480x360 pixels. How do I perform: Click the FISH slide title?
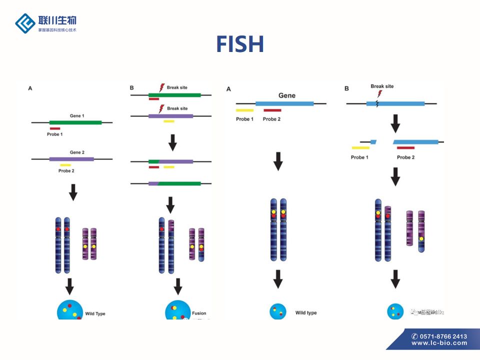240,44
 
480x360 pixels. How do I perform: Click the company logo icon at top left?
25,23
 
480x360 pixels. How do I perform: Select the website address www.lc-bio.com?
439,343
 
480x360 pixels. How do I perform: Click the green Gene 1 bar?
75,122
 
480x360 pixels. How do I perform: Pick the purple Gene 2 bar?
71,159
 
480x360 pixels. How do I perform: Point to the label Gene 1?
77,116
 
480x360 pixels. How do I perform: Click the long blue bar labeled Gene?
284,103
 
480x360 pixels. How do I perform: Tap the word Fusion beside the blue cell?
199,313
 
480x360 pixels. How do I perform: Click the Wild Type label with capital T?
95,313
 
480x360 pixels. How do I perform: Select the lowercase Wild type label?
306,313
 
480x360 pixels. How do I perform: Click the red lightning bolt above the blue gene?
379,93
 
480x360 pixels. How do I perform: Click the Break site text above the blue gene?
382,86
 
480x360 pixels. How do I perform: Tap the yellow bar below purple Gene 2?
65,165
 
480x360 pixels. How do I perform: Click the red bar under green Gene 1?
55,128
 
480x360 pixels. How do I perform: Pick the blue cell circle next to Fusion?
175,311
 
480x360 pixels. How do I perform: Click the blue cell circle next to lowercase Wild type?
277,312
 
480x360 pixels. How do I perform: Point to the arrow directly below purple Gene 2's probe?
73,192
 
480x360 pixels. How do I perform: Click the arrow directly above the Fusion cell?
177,286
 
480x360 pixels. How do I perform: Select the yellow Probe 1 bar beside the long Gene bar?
244,110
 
